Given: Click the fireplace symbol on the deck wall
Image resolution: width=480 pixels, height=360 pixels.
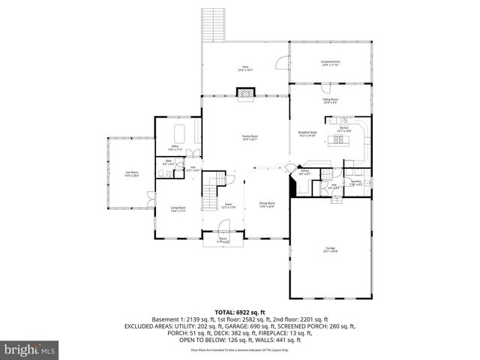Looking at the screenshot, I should click(x=245, y=93).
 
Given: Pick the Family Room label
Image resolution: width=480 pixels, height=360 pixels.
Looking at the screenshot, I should click(x=250, y=137).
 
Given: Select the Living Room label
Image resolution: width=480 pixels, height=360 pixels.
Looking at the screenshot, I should click(x=178, y=209).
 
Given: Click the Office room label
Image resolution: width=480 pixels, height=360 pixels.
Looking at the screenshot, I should click(x=174, y=147).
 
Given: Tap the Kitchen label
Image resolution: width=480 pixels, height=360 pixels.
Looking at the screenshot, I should click(x=343, y=129).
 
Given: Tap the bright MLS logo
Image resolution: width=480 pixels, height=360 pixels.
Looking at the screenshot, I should click(x=30, y=349).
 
